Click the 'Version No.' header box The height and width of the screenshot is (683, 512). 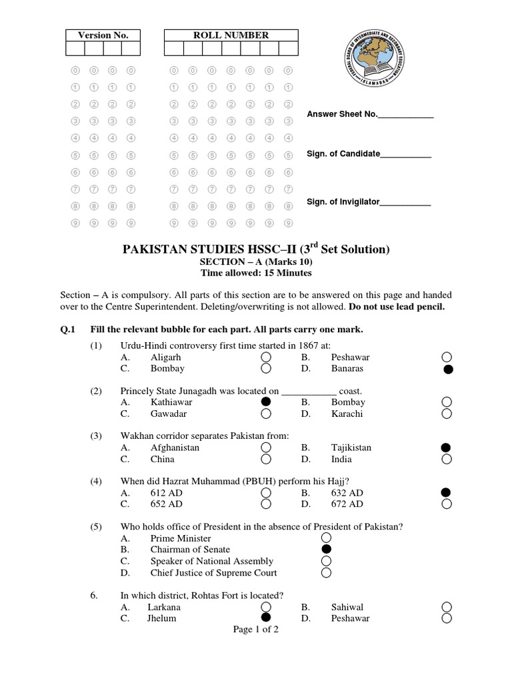point(103,35)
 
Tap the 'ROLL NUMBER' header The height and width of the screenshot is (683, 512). point(231,35)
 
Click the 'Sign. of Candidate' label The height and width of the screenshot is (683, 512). point(343,154)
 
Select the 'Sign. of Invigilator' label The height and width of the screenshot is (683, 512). point(343,201)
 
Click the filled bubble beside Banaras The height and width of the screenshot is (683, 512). point(447,370)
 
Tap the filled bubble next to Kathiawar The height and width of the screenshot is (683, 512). point(266,402)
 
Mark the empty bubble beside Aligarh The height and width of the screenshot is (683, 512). point(266,358)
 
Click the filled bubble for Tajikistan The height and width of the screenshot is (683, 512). point(447,448)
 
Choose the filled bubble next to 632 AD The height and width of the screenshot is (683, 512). point(447,493)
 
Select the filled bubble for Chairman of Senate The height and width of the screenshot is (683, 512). point(326,550)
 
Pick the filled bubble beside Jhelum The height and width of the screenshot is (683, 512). point(266,618)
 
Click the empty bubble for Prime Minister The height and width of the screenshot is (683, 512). point(326,538)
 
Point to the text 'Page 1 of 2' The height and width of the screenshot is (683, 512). point(255,630)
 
